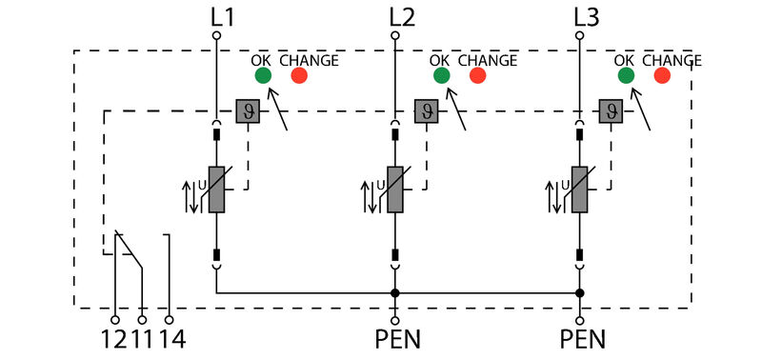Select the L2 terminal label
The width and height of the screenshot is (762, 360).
pos(402,16)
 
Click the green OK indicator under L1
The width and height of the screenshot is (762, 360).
pos(262,75)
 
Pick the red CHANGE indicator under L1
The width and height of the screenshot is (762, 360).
pos(299,75)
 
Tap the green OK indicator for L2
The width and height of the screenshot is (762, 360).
pos(441,75)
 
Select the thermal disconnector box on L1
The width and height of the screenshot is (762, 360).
pos(247,111)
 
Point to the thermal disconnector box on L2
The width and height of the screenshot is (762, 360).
pos(426,111)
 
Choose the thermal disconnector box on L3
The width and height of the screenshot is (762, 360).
pos(611,111)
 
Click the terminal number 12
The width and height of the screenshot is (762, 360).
pos(114,339)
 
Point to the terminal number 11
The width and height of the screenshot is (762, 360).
pos(142,339)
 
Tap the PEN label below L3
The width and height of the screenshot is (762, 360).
pos(579,339)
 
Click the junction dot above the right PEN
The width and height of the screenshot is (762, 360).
pos(579,293)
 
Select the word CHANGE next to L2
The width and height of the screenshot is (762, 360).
pos(488,60)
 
